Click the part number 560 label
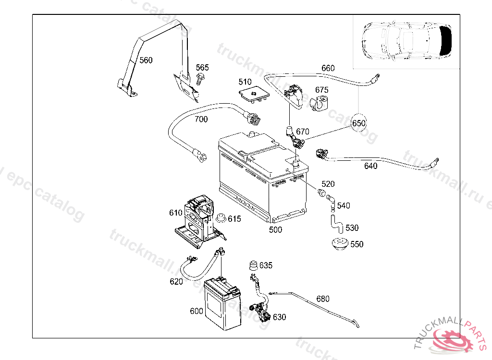pyautogui.click(x=146, y=60)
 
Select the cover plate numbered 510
pyautogui.click(x=254, y=94)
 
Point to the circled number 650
pyautogui.click(x=359, y=123)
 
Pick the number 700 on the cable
pyautogui.click(x=201, y=119)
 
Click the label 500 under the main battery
pyautogui.click(x=275, y=230)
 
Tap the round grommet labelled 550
pyautogui.click(x=341, y=244)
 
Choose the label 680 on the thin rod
pyautogui.click(x=323, y=299)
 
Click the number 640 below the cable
pyautogui.click(x=370, y=166)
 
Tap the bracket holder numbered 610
pyautogui.click(x=197, y=218)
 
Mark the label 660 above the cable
pyautogui.click(x=328, y=68)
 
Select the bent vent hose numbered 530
pyautogui.click(x=335, y=225)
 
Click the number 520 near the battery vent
pyautogui.click(x=328, y=184)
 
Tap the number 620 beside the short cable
pyautogui.click(x=176, y=281)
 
